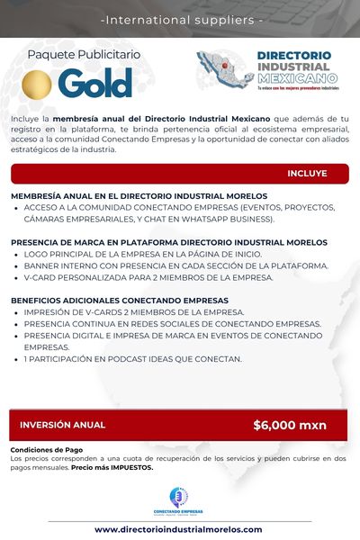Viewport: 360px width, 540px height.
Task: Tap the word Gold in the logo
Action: coord(95,83)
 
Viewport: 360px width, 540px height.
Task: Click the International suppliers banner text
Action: coord(181,18)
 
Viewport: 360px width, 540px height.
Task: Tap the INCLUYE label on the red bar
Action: coord(307,173)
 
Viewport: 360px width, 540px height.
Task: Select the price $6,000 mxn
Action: coord(290,425)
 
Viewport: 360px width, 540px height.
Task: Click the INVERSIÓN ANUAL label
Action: coord(62,425)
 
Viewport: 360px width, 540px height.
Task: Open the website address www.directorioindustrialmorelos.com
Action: coord(178,529)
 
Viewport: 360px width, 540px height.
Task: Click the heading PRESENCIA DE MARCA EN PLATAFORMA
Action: coord(169,243)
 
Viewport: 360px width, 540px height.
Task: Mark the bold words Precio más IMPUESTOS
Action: coord(112,468)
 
